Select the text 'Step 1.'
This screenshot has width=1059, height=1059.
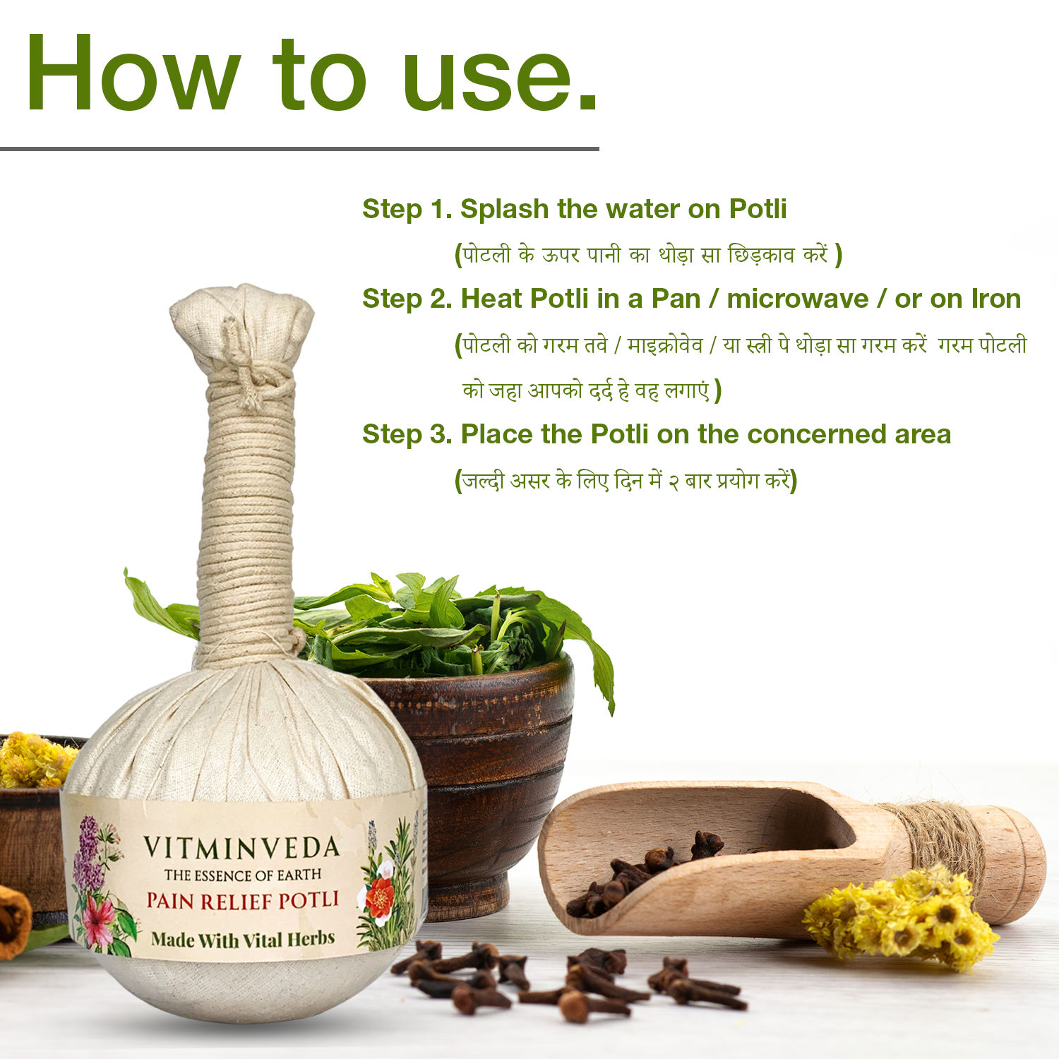[x=407, y=210]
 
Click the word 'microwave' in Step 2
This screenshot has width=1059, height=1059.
[x=797, y=299]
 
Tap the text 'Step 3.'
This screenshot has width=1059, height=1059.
[x=407, y=434]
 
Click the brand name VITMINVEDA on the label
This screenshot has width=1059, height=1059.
[x=241, y=848]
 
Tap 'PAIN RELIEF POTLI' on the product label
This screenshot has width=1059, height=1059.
[x=243, y=901]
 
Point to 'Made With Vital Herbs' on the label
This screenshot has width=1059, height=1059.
[x=243, y=940]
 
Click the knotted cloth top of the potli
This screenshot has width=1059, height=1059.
[x=242, y=332]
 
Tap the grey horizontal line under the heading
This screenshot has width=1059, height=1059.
[x=299, y=149]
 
